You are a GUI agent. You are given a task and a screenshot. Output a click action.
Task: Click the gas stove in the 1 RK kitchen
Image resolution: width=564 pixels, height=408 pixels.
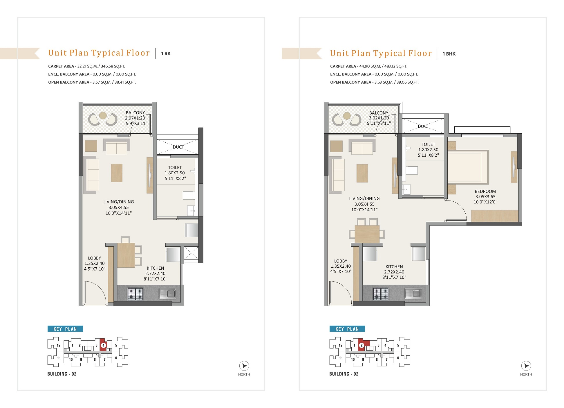point(135,294)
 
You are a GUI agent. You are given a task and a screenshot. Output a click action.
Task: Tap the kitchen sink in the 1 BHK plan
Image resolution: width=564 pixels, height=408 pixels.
point(413,294)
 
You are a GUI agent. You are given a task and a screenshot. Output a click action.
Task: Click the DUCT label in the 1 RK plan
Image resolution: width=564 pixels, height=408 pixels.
point(178,147)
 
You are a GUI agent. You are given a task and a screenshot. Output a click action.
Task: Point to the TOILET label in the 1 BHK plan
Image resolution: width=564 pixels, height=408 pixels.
point(428,144)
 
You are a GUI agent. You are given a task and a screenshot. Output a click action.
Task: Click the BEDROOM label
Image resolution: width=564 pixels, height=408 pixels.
point(485,191)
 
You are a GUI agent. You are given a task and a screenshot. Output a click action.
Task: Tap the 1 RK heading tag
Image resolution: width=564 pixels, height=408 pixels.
point(166,53)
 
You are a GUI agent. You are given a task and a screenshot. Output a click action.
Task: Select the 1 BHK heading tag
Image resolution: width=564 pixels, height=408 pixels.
point(449,54)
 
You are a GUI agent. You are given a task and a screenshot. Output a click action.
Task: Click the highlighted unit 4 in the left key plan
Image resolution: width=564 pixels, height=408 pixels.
point(103,345)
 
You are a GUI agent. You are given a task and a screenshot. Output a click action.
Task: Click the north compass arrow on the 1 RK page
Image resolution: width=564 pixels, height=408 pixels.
point(244,366)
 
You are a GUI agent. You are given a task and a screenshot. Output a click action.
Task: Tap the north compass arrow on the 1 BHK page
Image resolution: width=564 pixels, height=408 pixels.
point(526,366)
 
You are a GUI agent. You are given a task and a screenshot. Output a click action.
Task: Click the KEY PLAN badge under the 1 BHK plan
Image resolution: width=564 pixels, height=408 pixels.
point(347,329)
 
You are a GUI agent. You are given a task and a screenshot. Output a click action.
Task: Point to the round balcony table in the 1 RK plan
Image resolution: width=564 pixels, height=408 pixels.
point(103,116)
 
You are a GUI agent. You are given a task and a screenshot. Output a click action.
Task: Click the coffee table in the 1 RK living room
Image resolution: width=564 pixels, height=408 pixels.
point(117,173)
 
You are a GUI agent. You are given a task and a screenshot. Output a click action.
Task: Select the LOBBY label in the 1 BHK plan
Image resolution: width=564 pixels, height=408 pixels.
point(341,261)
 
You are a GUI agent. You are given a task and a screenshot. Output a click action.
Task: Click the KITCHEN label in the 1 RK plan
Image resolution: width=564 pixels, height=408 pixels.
point(155,268)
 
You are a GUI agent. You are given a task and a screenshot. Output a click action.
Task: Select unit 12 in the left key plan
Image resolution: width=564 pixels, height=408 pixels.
point(59,345)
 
